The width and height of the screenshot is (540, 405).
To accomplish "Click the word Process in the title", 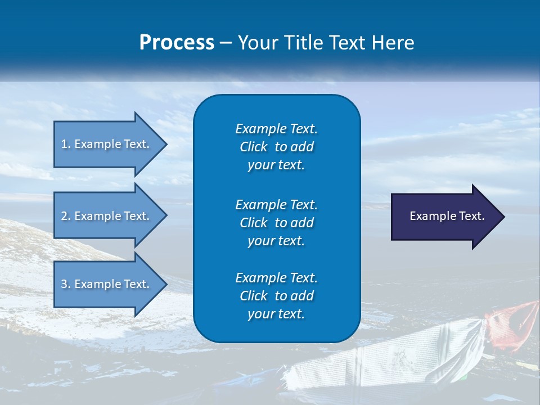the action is (x=177, y=43).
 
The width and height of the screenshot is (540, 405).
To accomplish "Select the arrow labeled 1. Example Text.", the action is (x=110, y=145).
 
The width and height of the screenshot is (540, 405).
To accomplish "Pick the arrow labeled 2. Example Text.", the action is (x=110, y=216).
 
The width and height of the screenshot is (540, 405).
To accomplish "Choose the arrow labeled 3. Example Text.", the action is (x=110, y=284).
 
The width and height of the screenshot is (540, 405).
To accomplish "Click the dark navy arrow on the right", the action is (x=448, y=217).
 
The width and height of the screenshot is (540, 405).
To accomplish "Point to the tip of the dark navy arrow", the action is (x=505, y=217).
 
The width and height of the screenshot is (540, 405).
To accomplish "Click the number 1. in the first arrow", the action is (x=66, y=144).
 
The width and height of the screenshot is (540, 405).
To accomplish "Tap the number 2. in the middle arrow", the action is (x=66, y=216).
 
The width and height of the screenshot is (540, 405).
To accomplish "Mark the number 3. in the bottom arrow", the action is (x=66, y=283).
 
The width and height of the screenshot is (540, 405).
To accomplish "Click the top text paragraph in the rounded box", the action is (x=277, y=147).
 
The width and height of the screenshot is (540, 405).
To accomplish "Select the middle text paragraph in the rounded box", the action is (x=277, y=223).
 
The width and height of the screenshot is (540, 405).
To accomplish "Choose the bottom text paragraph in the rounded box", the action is (x=277, y=296).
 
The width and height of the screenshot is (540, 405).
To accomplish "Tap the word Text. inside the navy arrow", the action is (x=472, y=216).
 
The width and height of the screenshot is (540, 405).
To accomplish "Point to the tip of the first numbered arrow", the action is (x=167, y=145).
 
